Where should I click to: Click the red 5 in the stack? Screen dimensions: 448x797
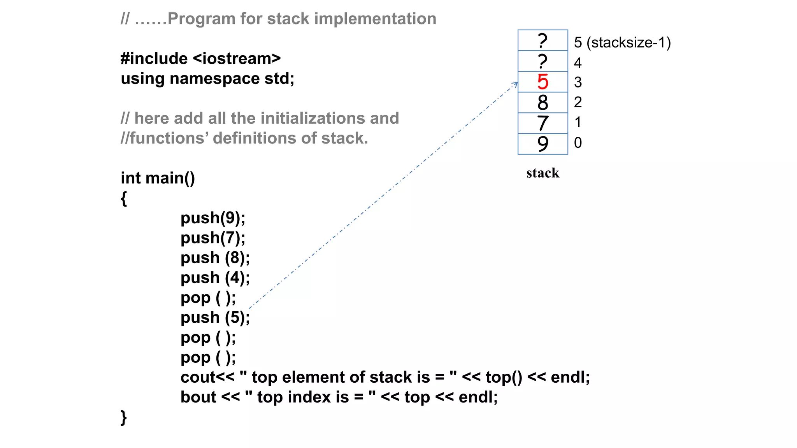tap(542, 82)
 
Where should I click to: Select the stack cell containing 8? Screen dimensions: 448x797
tap(542, 103)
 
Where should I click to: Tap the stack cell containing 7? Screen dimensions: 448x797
tap(542, 123)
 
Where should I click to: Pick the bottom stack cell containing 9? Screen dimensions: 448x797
tap(542, 144)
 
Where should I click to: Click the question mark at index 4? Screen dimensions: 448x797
tap(542, 61)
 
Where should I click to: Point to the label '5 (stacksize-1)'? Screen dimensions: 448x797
tap(622, 42)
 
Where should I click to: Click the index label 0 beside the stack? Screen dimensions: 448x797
tap(578, 143)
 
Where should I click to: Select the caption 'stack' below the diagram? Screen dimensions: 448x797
tap(542, 173)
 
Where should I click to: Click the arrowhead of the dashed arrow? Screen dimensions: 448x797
tap(515, 84)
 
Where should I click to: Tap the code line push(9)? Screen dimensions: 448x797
tap(213, 218)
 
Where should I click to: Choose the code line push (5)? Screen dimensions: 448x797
tap(215, 318)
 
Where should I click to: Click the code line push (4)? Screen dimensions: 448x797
tap(215, 278)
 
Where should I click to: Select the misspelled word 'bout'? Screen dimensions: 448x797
tap(198, 397)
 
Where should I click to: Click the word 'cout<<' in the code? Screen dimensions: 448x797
tap(207, 377)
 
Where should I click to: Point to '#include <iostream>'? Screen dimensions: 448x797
tap(200, 59)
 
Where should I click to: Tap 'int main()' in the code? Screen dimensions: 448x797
tap(158, 178)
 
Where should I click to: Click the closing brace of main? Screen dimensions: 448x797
tap(124, 418)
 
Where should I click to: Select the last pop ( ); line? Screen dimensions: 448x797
tap(208, 357)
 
